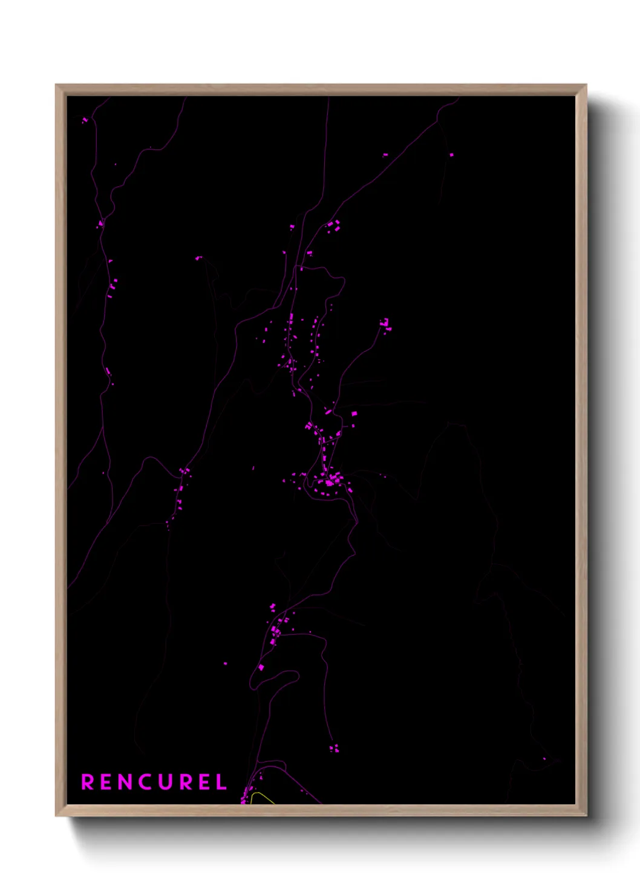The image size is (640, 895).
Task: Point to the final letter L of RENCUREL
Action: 222,782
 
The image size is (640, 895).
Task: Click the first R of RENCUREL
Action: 87,782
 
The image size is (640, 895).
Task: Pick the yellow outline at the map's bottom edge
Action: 261,798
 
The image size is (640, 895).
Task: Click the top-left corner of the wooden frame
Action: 56,85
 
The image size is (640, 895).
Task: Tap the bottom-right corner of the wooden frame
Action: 586,816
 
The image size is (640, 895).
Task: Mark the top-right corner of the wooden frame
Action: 586,85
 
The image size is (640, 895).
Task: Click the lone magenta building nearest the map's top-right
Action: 451,155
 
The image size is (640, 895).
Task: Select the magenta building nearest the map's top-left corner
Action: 85,120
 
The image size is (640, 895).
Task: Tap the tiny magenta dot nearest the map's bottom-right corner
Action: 544,758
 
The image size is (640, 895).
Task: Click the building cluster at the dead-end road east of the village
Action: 385,325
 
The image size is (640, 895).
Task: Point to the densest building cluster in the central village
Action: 330,481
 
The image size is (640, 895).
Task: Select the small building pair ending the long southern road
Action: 334,749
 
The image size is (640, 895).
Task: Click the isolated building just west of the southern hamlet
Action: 226,663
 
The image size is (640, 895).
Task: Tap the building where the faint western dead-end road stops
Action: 198,258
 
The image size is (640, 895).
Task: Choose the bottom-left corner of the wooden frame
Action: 56,816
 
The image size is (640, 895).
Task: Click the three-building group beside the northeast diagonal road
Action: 333,227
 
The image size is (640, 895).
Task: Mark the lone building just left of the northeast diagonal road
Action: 292,227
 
